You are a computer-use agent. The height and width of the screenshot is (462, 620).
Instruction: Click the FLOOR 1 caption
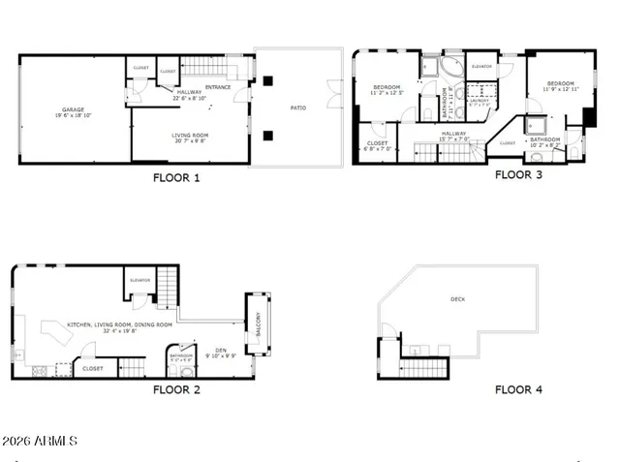pyautogui.click(x=176, y=178)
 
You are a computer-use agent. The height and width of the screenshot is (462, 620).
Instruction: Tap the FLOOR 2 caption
pyautogui.click(x=176, y=390)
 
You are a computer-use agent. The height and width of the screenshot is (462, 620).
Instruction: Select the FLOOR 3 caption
pyautogui.click(x=518, y=175)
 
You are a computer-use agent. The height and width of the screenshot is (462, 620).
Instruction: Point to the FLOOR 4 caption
pyautogui.click(x=518, y=390)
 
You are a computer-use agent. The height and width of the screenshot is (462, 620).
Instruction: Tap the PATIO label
pyautogui.click(x=298, y=108)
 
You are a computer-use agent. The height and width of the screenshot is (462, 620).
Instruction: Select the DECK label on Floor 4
pyautogui.click(x=457, y=300)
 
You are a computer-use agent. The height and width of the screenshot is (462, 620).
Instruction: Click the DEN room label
pyautogui.click(x=220, y=351)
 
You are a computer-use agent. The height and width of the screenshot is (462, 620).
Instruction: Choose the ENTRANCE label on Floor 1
pyautogui.click(x=219, y=87)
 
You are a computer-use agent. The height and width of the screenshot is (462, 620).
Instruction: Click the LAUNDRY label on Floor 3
pyautogui.click(x=478, y=99)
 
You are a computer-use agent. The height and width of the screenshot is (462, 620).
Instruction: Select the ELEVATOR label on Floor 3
pyautogui.click(x=481, y=66)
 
